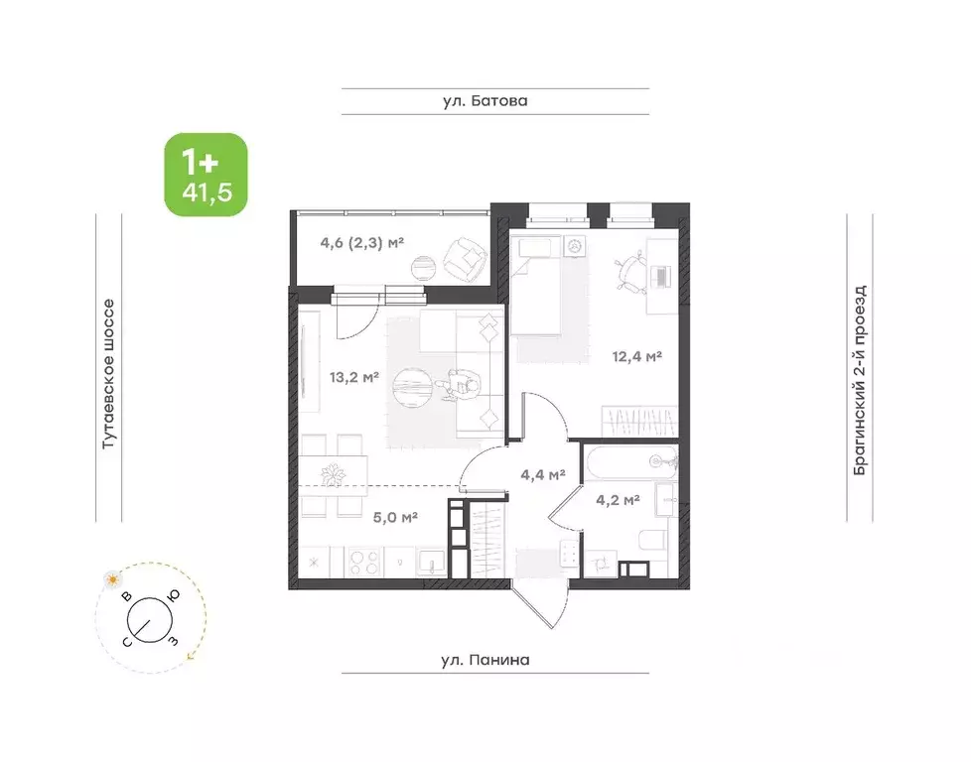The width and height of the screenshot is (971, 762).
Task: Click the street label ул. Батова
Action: click(x=485, y=101)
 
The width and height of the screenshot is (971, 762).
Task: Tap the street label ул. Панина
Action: click(x=485, y=660)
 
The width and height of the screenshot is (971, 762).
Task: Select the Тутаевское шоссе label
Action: click(x=108, y=374)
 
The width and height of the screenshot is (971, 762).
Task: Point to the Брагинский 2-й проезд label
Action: click(x=860, y=380)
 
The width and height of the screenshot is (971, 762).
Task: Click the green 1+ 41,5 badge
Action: click(x=206, y=175)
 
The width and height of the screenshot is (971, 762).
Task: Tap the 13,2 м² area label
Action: click(x=354, y=376)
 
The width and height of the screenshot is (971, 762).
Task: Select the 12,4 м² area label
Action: click(x=637, y=356)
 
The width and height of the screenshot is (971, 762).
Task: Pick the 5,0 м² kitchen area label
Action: click(x=395, y=517)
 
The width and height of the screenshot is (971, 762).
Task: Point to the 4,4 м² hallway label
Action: click(x=542, y=475)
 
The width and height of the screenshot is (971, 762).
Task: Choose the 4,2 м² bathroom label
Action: click(x=618, y=499)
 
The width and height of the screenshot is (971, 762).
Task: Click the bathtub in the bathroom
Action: click(x=631, y=461)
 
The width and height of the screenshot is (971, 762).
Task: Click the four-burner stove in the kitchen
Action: click(x=363, y=562)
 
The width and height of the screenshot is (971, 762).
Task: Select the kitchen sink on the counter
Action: click(x=430, y=562)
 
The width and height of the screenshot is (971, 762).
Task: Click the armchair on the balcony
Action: click(x=465, y=258)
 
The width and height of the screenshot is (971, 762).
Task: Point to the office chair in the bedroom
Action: click(x=629, y=273)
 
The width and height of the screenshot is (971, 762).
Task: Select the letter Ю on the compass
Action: click(x=174, y=595)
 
